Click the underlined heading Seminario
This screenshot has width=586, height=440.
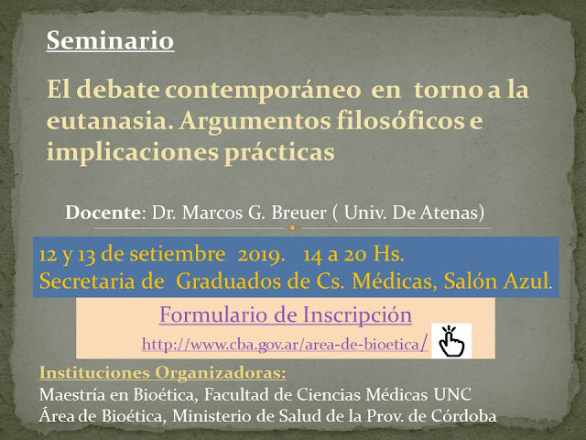(x=110, y=40)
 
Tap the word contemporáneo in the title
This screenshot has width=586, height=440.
(x=263, y=90)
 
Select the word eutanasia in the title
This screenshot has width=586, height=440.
(x=110, y=121)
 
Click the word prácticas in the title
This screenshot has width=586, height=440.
(x=281, y=152)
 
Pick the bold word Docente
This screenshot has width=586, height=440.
(x=103, y=213)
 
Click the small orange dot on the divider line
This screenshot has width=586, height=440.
(x=293, y=228)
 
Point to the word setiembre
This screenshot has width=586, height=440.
(x=178, y=255)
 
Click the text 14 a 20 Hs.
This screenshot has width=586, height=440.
(x=353, y=255)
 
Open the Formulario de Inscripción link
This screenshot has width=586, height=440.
(x=286, y=314)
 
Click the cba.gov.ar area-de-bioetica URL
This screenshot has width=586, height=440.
(x=285, y=344)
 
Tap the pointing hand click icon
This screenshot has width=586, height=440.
(x=451, y=341)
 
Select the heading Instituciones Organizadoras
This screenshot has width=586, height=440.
(x=163, y=373)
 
